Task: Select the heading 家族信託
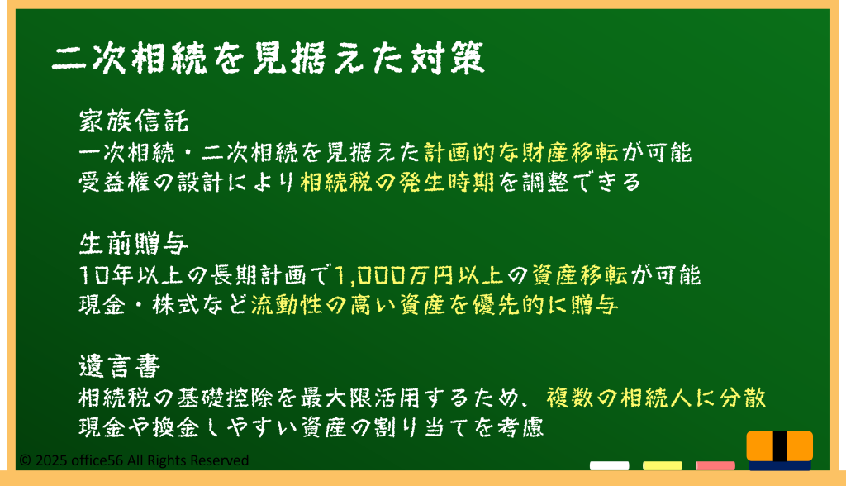[134, 121]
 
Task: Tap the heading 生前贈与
[134, 244]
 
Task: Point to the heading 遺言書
[120, 366]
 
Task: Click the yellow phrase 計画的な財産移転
[521, 153]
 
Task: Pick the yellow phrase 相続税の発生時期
[397, 182]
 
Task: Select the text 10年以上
[129, 275]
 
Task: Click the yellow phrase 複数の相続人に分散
[656, 398]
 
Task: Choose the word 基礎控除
[226, 398]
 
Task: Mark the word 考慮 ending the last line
[520, 427]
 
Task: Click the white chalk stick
[609, 466]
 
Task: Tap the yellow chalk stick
[662, 466]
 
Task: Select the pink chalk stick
[715, 466]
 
